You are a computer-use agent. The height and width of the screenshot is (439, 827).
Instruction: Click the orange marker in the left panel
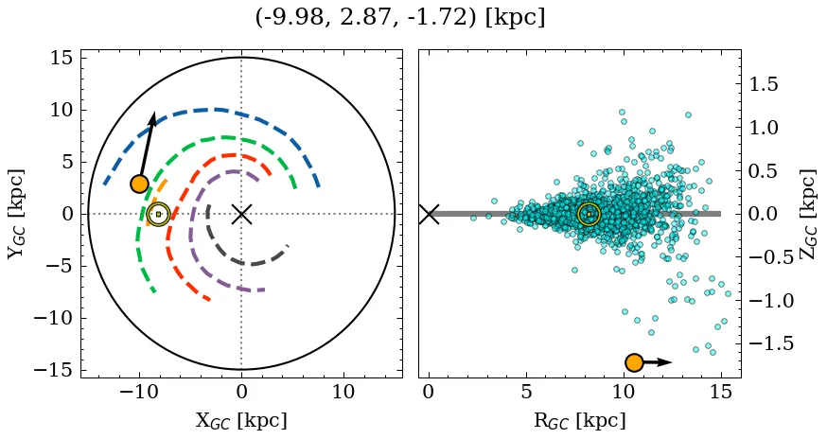click(x=140, y=184)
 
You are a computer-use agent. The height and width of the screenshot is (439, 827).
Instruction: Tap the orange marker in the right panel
click(x=634, y=362)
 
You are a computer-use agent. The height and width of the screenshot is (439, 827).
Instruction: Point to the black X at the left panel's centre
click(x=241, y=214)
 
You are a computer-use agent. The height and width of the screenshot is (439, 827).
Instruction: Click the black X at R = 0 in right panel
click(x=429, y=214)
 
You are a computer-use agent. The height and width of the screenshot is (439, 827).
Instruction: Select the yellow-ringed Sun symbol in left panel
click(x=158, y=214)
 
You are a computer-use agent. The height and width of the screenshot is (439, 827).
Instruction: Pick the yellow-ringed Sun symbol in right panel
click(x=589, y=214)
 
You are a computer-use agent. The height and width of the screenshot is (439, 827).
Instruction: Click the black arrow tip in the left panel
click(x=153, y=114)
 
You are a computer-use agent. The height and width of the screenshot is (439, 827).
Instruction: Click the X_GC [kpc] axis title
click(x=241, y=420)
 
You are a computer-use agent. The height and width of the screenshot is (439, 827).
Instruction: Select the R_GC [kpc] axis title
click(x=579, y=420)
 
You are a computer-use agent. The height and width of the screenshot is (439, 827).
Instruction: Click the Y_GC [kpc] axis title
click(x=15, y=214)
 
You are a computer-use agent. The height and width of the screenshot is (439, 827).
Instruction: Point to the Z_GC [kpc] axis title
click(x=807, y=214)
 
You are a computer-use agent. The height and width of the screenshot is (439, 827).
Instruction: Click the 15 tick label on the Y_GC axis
click(x=61, y=59)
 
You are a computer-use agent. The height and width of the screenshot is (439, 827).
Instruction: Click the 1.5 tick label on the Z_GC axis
click(x=766, y=84)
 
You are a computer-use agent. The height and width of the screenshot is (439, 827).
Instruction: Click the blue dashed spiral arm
click(x=218, y=110)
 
